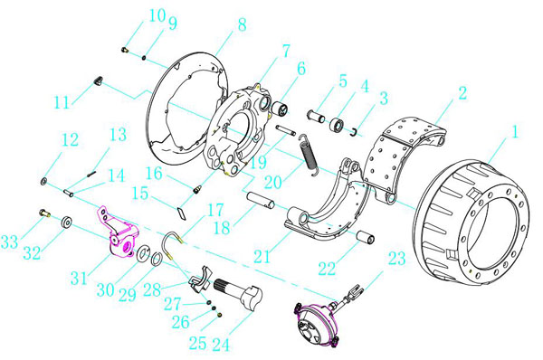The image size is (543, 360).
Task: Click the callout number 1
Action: (515, 132)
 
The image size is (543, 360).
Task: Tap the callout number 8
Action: (242, 24)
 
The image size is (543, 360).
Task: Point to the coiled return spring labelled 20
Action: (309, 153)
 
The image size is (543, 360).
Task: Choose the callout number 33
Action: (9, 242)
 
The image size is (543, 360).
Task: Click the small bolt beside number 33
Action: (44, 213)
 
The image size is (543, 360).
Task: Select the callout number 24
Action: (221, 344)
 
